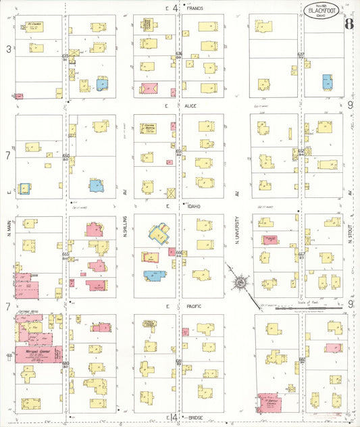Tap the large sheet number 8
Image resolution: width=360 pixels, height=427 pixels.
348,25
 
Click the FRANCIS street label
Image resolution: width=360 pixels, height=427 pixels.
195,7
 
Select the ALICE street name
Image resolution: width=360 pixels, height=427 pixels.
190,106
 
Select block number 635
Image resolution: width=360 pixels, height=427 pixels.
66,55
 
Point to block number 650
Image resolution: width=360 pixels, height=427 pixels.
66,156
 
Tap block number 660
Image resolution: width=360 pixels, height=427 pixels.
66,363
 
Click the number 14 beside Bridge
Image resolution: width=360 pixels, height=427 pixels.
174,418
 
